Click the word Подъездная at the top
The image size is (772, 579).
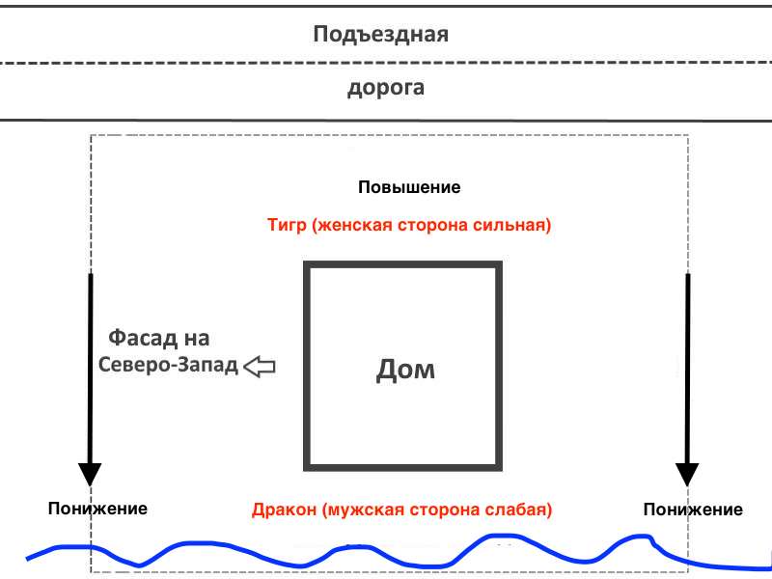point(380,35)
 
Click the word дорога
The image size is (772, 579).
point(386,88)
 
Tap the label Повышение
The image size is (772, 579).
point(409,187)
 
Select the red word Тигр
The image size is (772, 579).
point(287,225)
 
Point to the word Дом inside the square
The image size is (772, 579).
point(405,370)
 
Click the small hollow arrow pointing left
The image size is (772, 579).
point(260,367)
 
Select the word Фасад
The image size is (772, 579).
point(143,339)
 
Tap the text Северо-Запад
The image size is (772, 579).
point(168,365)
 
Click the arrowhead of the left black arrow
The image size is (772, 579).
point(90,474)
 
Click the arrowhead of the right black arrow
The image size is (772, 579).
point(687,474)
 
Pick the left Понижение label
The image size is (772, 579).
point(97,509)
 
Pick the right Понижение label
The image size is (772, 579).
point(693,510)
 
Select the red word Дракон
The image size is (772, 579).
point(284,510)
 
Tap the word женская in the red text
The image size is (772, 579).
point(352,225)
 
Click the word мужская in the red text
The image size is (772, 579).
point(366,510)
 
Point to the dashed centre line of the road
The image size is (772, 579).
point(386,63)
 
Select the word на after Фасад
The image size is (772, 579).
point(197,340)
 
